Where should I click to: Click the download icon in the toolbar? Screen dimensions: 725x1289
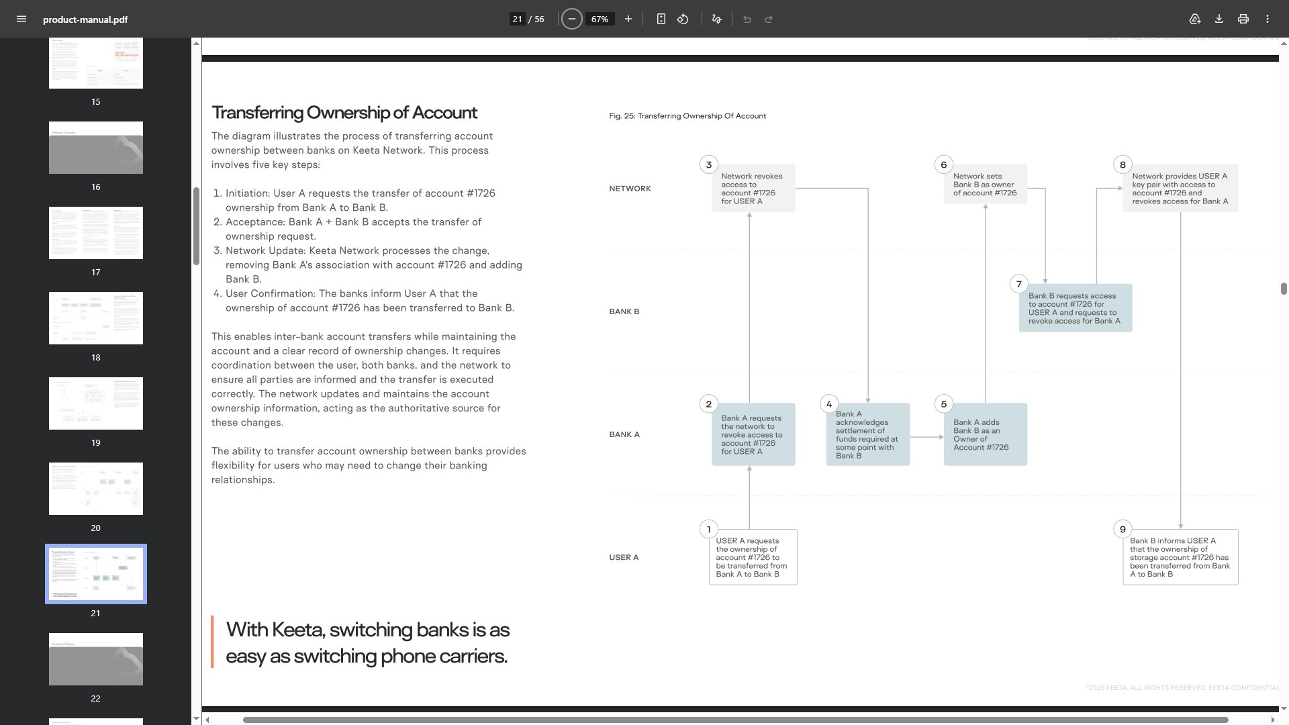(1219, 19)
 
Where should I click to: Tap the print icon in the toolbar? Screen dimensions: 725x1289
(1243, 19)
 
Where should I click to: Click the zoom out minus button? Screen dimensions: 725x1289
(571, 19)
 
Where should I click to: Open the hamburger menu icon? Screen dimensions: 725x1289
(21, 19)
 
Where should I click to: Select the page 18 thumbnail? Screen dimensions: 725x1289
(96, 318)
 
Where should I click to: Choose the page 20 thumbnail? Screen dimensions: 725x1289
(96, 489)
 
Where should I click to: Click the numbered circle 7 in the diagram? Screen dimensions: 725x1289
(1018, 284)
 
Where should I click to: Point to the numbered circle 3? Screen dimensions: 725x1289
(708, 164)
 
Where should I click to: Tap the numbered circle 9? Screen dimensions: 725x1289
(1122, 529)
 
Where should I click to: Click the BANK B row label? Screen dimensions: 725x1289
(624, 311)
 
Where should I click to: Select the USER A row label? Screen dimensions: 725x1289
(624, 557)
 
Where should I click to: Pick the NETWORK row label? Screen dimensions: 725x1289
(630, 189)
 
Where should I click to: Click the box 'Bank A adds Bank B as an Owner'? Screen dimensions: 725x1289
(985, 434)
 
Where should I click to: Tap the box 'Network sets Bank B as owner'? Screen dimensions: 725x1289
(985, 184)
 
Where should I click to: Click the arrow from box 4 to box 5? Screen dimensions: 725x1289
(926, 437)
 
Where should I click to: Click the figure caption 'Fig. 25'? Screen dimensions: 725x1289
(687, 116)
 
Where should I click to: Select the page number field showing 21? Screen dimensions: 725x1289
(517, 19)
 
